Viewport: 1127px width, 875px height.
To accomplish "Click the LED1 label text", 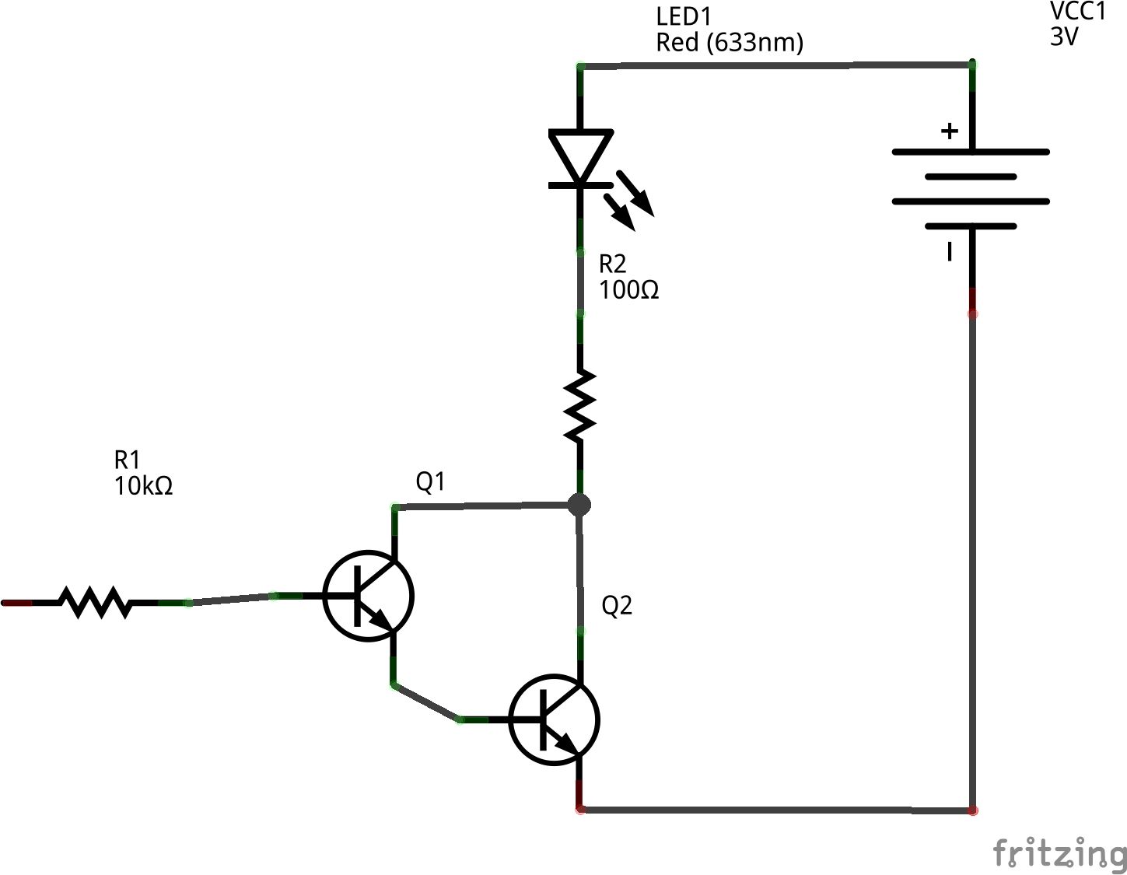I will (684, 16).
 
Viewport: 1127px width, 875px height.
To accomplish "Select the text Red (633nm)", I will (729, 42).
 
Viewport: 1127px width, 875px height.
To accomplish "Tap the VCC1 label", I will (1077, 12).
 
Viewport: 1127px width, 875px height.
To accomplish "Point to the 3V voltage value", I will (1064, 37).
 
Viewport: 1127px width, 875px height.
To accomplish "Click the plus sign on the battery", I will (949, 131).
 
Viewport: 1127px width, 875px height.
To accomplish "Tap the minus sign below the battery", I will (949, 252).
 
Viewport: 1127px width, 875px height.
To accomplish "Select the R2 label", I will (612, 264).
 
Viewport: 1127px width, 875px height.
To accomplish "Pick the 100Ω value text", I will (628, 290).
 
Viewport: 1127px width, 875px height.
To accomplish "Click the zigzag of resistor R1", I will (95, 602).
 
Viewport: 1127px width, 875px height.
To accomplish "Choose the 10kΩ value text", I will (143, 486).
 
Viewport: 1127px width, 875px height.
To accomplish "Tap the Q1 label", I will (430, 482).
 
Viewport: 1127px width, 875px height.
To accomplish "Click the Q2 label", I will (617, 605).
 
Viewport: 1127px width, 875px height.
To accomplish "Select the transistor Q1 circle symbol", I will (368, 596).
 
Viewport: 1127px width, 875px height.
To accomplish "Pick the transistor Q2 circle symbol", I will (554, 719).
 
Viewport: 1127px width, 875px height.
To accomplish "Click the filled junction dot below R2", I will (579, 505).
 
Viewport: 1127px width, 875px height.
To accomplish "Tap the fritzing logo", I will (1059, 853).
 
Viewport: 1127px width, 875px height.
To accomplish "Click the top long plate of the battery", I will (971, 152).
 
